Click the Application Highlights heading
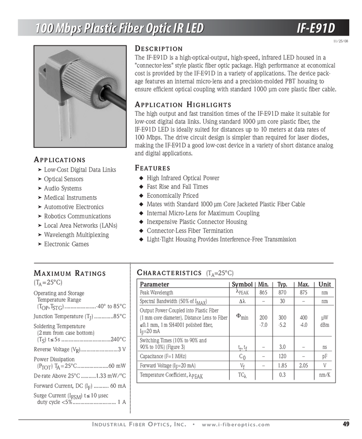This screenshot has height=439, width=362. click(183, 104)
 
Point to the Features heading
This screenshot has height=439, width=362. click(152, 168)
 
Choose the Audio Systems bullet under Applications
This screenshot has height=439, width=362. click(63, 189)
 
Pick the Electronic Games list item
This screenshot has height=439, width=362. click(66, 244)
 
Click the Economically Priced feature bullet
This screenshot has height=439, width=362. click(172, 196)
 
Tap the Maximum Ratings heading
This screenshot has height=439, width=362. click(69, 274)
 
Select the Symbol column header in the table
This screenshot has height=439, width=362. click(242, 285)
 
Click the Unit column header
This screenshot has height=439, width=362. click(325, 285)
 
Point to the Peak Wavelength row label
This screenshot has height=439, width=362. click(157, 293)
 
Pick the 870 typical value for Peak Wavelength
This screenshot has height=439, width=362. click(282, 293)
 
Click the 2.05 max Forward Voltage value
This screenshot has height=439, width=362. click(304, 366)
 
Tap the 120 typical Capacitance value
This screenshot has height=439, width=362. click(282, 356)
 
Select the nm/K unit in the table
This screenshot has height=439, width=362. click(325, 375)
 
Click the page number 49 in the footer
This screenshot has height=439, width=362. click(346, 424)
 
